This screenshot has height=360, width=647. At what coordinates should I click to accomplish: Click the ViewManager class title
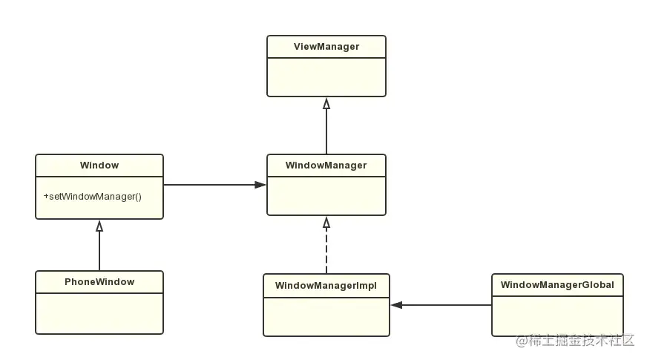click(x=326, y=47)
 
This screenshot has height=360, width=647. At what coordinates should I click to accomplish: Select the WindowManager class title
click(x=326, y=166)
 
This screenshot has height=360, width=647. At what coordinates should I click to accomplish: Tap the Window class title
click(x=99, y=166)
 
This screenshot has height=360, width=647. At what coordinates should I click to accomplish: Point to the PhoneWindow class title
click(x=99, y=282)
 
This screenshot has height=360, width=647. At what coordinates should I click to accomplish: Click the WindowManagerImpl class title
click(x=326, y=285)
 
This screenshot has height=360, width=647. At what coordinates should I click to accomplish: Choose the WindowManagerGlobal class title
click(x=556, y=285)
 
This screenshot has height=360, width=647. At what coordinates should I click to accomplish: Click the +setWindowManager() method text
click(x=92, y=197)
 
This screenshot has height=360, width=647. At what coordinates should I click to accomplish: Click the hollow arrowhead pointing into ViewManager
click(x=326, y=103)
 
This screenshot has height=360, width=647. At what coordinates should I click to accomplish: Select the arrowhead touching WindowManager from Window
click(x=261, y=185)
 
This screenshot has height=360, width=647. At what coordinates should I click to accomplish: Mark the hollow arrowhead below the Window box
click(x=99, y=226)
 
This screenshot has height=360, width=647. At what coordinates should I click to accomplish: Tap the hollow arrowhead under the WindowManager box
click(x=326, y=222)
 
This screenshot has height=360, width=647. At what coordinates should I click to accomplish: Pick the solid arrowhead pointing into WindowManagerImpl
click(x=396, y=305)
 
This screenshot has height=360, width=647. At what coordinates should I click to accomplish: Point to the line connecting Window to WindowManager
click(x=211, y=185)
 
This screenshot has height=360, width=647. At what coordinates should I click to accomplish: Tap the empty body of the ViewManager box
click(x=326, y=77)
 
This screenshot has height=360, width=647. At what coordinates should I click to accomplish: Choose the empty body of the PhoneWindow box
click(x=99, y=313)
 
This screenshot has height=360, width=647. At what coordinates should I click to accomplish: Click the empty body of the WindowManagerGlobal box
click(x=556, y=315)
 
